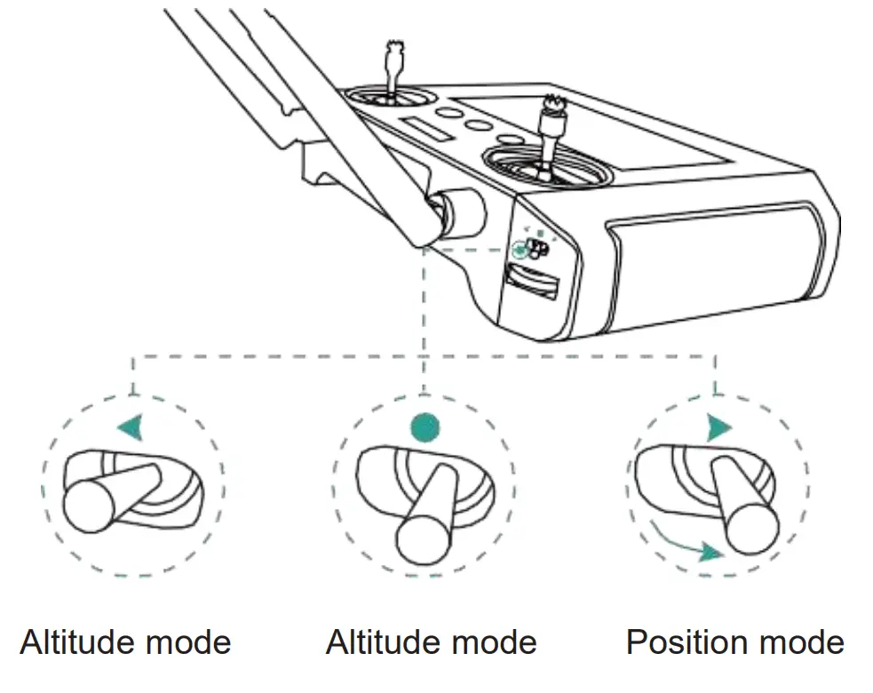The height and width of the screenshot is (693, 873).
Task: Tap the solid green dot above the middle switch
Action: coord(425,426)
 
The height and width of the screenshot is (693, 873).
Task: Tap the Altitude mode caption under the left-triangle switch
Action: coord(125,641)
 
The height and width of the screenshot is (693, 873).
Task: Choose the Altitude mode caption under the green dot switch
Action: coord(431,641)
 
